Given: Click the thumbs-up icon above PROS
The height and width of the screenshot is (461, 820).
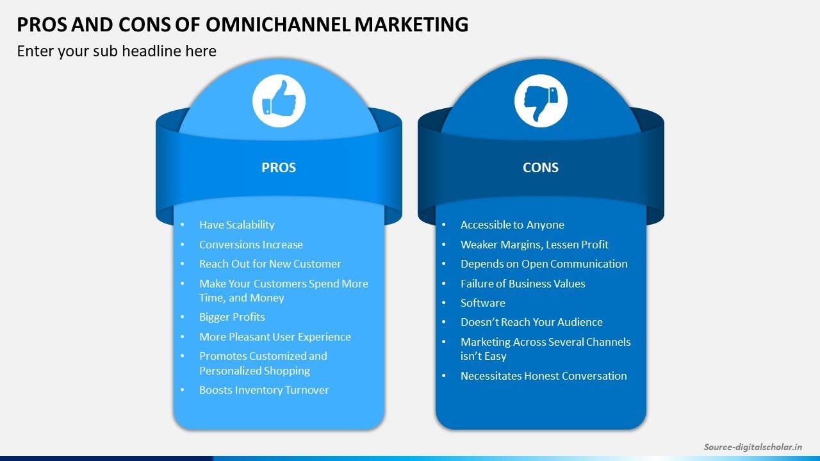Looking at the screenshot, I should coord(279,101).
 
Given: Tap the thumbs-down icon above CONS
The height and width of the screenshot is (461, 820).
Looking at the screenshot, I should coord(541,101).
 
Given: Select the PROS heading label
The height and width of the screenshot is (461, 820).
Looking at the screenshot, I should coord(279,168).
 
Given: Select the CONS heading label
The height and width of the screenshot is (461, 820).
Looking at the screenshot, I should coord(541,168).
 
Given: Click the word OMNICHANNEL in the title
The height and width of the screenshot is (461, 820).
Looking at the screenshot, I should coord(278,24).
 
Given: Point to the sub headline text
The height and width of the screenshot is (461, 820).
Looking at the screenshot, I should coord(117,51).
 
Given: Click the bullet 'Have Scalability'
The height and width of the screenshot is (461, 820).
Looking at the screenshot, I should coord(236,225).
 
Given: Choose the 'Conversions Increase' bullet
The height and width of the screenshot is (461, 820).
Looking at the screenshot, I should coord(250,245).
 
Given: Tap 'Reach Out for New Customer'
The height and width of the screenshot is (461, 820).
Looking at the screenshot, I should coord(270,264).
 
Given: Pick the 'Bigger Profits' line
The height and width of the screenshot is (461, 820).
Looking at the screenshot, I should coord(232,317).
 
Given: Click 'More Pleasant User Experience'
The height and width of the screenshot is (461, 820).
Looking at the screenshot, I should coord(275,337).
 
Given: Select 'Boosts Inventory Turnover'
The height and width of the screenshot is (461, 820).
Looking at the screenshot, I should coord(264,390).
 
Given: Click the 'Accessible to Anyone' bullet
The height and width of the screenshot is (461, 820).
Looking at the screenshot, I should coord(512,225).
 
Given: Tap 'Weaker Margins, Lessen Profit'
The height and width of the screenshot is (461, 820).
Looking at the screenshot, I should coord(534,245).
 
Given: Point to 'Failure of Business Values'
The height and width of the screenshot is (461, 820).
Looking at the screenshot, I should coord(523,284).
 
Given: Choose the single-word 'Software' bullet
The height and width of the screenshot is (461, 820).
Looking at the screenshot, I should coord(482,303).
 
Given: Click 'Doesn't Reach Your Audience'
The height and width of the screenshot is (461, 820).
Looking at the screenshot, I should coord(531,322).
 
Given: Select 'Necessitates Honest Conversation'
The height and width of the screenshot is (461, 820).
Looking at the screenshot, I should coord(543,376).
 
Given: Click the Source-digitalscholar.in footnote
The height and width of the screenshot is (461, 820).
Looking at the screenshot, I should coord(753,447).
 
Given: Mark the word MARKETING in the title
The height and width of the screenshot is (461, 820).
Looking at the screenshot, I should coord(411,24).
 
